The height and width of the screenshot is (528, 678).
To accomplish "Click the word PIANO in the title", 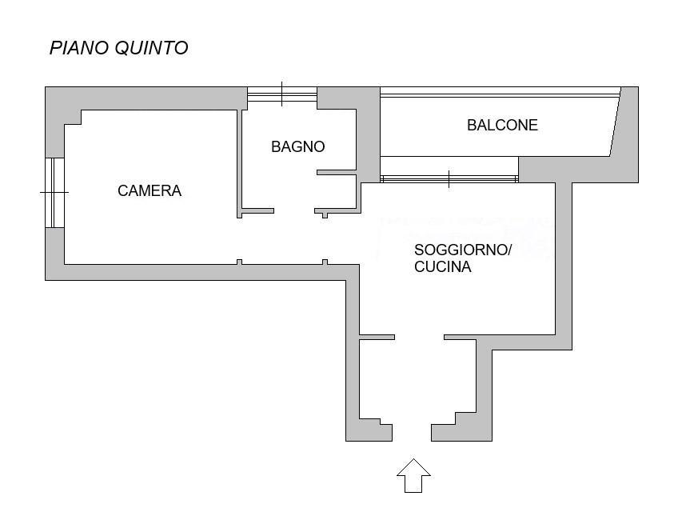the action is pos(79,48).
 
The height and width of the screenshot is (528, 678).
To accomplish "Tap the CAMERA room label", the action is pos(150,190).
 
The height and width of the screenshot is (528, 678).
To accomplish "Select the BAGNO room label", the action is pos(298,146).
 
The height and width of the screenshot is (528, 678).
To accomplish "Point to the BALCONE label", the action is pos(502,125).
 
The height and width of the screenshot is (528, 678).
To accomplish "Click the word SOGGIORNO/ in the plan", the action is pos(463,250).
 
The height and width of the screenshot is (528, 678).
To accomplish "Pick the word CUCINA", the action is pos(442,266).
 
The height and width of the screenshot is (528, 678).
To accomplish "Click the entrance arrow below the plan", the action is pos(414,475).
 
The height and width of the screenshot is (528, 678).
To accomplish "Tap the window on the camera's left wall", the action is pos(55,192).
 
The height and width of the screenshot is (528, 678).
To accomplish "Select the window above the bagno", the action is pos(282,94).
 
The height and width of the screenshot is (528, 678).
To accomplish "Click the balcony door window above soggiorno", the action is pos(449,178).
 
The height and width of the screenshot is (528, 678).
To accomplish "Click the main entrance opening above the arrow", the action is pos(412,432).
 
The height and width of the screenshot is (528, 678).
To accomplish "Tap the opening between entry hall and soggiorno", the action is pos(420,337).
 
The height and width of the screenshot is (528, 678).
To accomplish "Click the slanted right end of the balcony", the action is pos(616,122).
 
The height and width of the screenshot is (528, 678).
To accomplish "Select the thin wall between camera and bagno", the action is pos(239,163).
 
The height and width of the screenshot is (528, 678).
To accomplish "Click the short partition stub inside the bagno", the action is pos(337,172).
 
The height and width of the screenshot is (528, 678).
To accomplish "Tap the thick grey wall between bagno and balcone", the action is pos(368,134).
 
